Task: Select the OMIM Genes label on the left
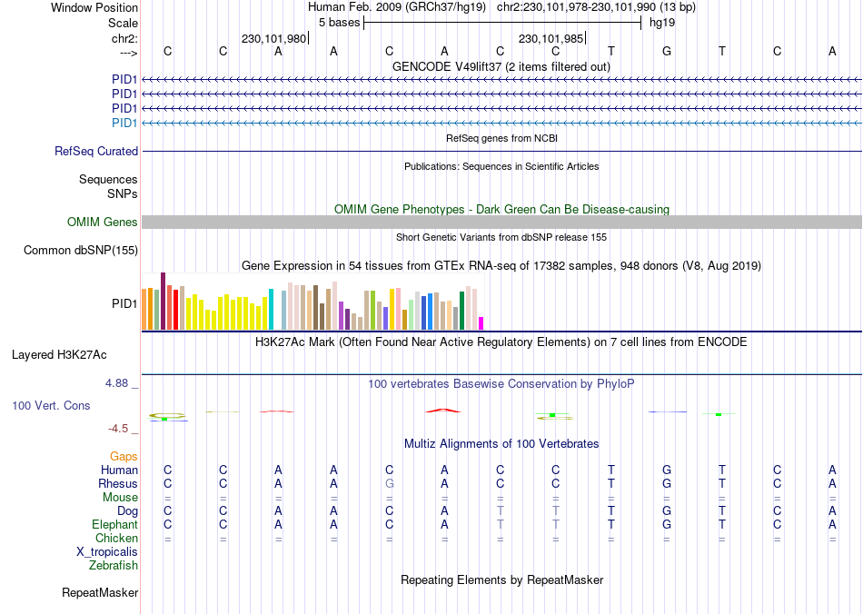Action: click(x=103, y=223)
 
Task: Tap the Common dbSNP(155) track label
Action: click(x=81, y=251)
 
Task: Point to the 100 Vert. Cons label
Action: click(x=51, y=405)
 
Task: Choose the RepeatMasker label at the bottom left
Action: click(x=100, y=593)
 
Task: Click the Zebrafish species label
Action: click(x=114, y=566)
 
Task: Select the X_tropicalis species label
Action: click(x=107, y=552)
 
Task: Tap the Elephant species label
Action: click(x=115, y=525)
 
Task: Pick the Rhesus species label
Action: click(x=118, y=484)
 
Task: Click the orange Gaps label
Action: click(x=124, y=456)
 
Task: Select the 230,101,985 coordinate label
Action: click(x=551, y=38)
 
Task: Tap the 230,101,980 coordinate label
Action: click(x=273, y=38)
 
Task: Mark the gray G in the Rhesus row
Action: click(x=389, y=484)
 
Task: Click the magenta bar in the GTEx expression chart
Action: click(x=481, y=322)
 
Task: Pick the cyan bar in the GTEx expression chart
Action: click(x=271, y=309)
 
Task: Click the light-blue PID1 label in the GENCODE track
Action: click(x=124, y=123)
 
